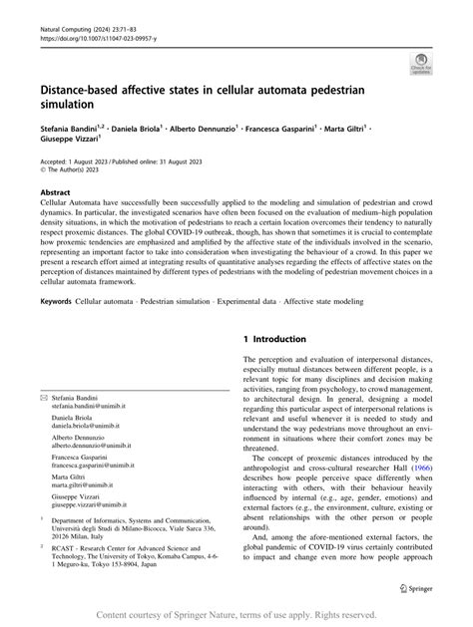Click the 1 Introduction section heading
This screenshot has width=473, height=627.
click(x=289, y=312)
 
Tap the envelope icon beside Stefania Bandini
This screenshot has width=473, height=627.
click(x=42, y=396)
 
